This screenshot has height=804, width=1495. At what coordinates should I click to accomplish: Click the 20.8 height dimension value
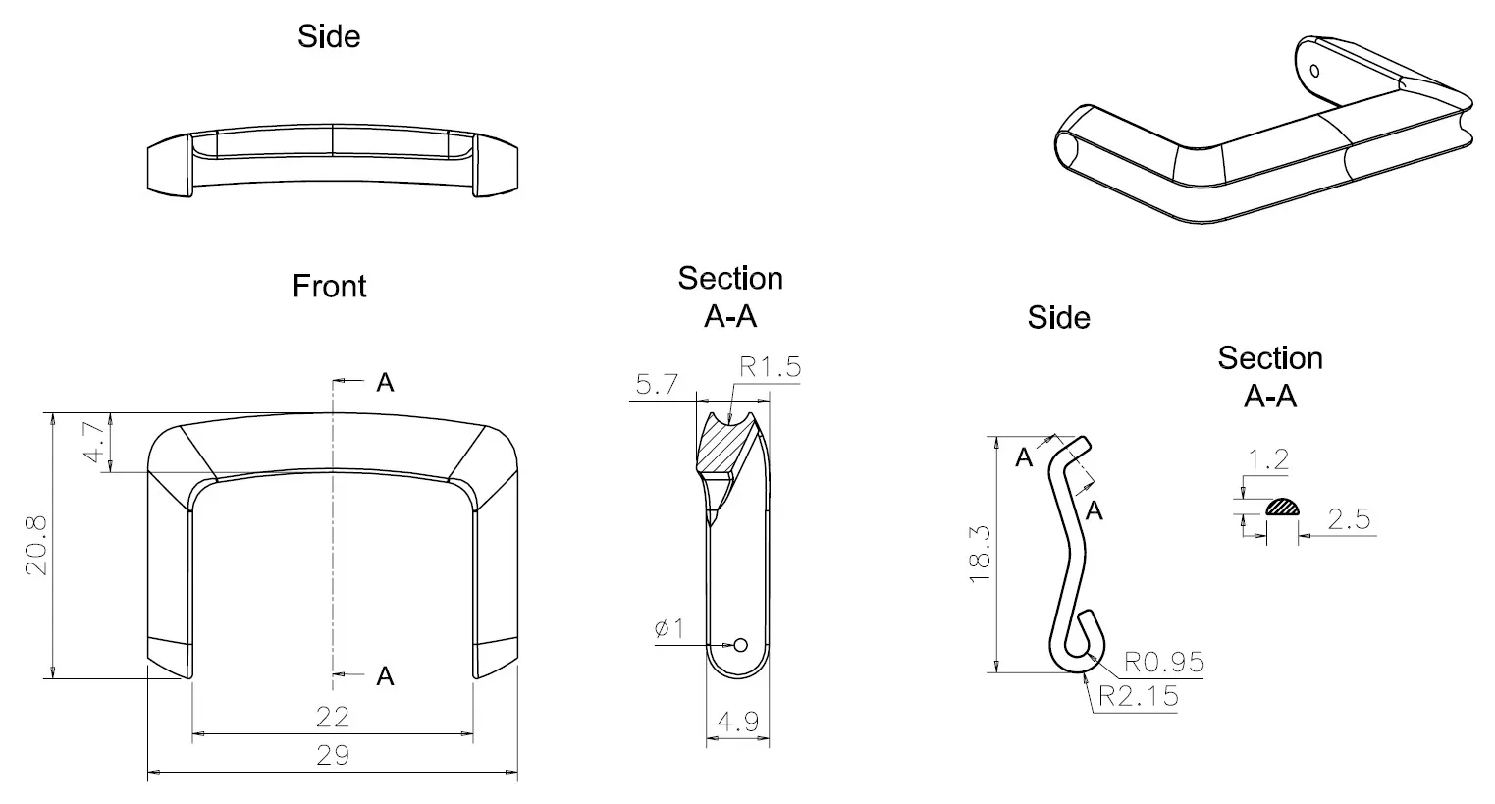pyautogui.click(x=36, y=546)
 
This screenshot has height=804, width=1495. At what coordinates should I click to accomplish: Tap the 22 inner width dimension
pyautogui.click(x=333, y=717)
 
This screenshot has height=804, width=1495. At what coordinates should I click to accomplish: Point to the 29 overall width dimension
pyautogui.click(x=333, y=755)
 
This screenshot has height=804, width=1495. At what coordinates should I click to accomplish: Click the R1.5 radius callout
pyautogui.click(x=770, y=367)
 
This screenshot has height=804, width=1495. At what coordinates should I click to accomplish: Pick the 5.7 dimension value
pyautogui.click(x=657, y=384)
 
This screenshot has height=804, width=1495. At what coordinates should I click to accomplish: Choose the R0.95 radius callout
pyautogui.click(x=1163, y=662)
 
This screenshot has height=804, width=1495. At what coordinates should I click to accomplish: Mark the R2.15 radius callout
pyautogui.click(x=1139, y=696)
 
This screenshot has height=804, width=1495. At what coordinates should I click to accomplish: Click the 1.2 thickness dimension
pyautogui.click(x=1267, y=459)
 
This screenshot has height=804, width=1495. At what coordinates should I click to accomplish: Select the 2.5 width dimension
pyautogui.click(x=1349, y=519)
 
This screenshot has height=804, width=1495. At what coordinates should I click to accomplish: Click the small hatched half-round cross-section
pyautogui.click(x=1282, y=508)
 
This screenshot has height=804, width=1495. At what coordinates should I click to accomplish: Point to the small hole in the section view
pyautogui.click(x=741, y=645)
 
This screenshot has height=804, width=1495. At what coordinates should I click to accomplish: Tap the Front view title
pyautogui.click(x=329, y=287)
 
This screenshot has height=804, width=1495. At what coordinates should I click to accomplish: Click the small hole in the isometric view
pyautogui.click(x=1314, y=70)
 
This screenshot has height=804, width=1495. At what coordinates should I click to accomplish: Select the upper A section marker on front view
pyautogui.click(x=385, y=383)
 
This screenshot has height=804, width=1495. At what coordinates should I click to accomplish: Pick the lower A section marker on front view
pyautogui.click(x=385, y=676)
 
